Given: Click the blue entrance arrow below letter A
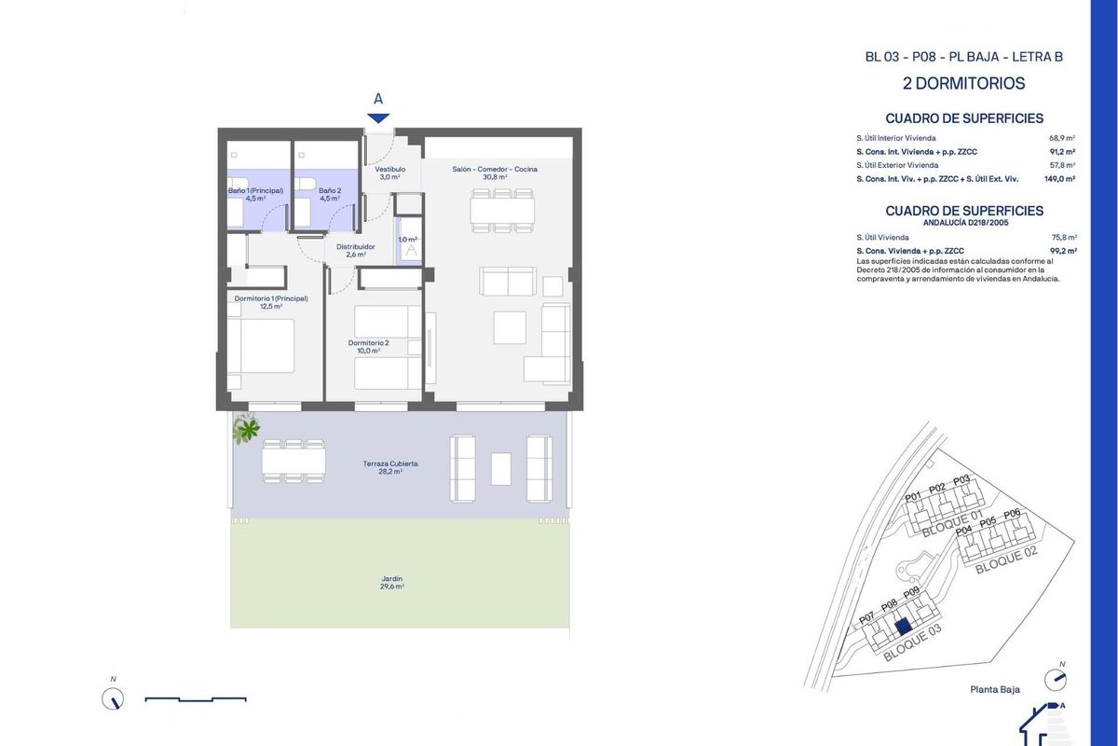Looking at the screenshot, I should (x=377, y=117).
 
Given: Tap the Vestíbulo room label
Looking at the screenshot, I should (x=389, y=173).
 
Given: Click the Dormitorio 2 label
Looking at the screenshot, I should (x=369, y=347).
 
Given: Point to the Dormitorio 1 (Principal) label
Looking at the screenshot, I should (x=271, y=302).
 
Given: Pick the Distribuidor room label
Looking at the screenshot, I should (x=355, y=250).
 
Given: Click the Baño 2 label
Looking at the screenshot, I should (x=330, y=194).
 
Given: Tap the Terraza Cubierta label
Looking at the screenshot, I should (x=390, y=467).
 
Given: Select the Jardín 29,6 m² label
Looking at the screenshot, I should (x=391, y=583).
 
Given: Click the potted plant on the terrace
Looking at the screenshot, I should (x=247, y=428).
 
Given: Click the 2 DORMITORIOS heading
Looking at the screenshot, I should (x=963, y=84).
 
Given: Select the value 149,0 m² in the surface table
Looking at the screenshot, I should (x=1060, y=178).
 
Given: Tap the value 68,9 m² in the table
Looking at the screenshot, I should (x=1062, y=137).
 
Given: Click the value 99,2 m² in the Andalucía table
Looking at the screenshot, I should (x=1062, y=251).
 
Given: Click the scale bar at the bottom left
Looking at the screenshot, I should (x=196, y=698).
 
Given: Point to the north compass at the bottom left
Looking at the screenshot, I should (x=113, y=698).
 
